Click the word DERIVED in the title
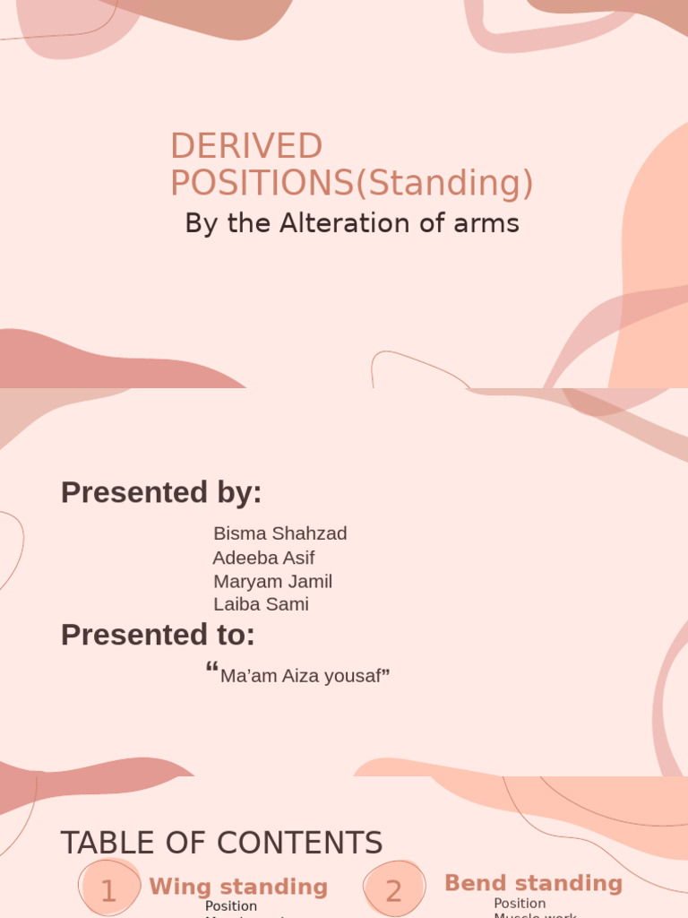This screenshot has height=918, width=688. click(246, 146)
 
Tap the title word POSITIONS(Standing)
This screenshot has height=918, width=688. click(351, 183)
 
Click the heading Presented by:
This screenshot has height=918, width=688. click(161, 492)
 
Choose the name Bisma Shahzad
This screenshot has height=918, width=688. click(279, 533)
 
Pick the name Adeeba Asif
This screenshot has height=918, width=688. click(263, 558)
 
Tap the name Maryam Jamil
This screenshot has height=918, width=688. click(272, 581)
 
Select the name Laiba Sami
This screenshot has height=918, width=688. click(261, 604)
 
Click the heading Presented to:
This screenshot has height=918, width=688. click(158, 635)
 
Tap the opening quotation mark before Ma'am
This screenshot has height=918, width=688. click(212, 670)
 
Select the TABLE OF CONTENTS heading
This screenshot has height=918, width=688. click(221, 843)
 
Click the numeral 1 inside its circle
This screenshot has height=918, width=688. click(108, 891)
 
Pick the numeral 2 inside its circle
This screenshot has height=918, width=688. click(393, 891)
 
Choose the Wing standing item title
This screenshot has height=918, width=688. click(238, 887)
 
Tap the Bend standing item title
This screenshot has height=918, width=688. click(533, 883)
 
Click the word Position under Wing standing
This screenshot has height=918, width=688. click(231, 906)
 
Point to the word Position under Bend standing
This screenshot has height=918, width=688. click(520, 903)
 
